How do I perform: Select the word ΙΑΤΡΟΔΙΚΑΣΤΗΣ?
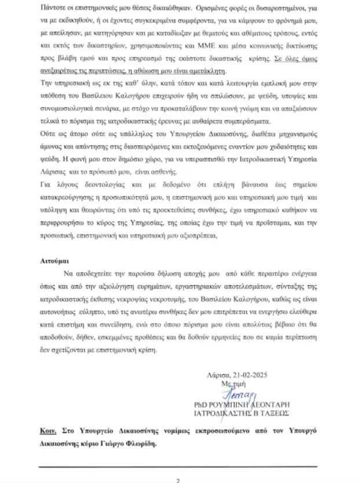point(232,414)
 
